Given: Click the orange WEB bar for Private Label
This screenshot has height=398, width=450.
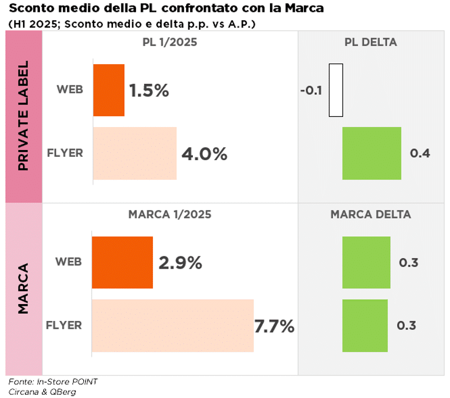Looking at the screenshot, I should click(x=109, y=90).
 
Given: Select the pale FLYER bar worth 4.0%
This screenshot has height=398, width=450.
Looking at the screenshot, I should click(x=134, y=153).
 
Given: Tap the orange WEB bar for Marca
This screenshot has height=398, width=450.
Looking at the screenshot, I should click(x=122, y=262).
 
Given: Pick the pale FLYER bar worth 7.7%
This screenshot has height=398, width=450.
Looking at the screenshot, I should click(x=172, y=325).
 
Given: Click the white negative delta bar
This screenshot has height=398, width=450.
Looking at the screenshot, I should click(x=336, y=90).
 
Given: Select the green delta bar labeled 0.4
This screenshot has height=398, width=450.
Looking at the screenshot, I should click(x=372, y=153).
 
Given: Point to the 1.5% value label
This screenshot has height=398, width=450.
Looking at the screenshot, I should click(x=149, y=91).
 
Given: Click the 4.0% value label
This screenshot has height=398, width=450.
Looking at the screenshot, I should click(x=204, y=154).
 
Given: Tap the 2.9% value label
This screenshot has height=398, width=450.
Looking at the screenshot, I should click(x=180, y=263).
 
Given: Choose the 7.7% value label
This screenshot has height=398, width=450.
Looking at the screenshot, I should click(x=274, y=326).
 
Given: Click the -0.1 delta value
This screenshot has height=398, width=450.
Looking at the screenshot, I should click(x=311, y=91).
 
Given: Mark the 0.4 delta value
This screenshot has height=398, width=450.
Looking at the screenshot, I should click(x=420, y=153).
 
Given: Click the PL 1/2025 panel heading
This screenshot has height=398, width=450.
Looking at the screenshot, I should click(x=170, y=42).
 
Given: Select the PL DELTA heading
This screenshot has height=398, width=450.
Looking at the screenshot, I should click(x=371, y=42).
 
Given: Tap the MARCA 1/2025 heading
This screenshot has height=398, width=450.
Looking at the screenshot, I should click(x=170, y=214).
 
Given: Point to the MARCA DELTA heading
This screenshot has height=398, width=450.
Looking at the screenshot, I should click(x=371, y=214).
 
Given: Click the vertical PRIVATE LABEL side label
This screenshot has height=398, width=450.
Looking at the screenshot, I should click(x=24, y=117).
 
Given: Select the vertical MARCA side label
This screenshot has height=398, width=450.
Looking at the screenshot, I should click(x=24, y=288).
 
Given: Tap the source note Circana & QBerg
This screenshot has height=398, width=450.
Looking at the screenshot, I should click(x=42, y=392).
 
